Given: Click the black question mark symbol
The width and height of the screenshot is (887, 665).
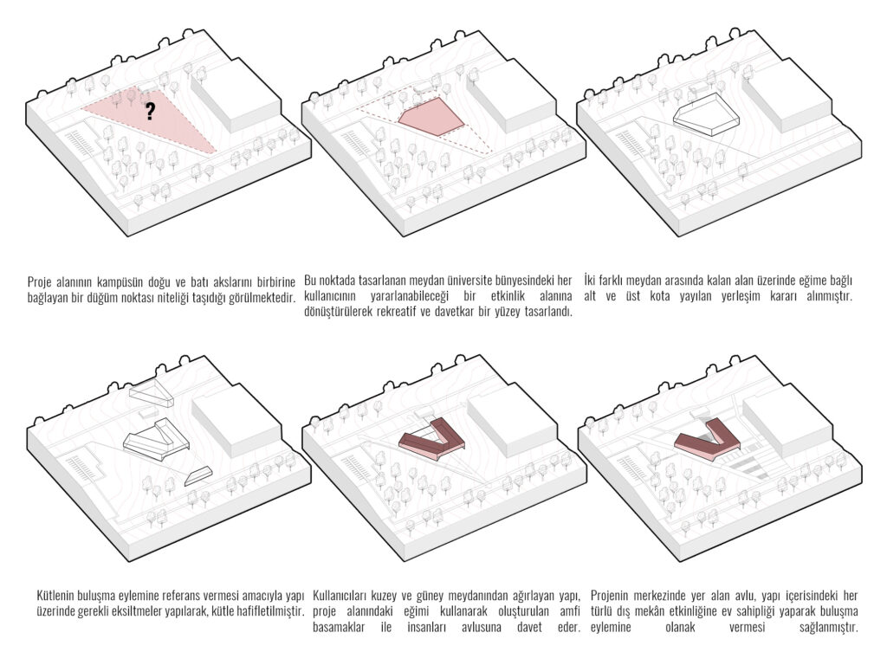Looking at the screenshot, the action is pyautogui.click(x=150, y=111).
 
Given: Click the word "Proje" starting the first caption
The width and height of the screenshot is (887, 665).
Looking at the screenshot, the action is pyautogui.click(x=40, y=282).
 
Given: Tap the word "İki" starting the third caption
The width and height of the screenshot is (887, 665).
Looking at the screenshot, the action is pyautogui.click(x=590, y=281).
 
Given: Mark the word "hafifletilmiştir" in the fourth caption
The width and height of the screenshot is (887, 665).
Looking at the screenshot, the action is pyautogui.click(x=269, y=611).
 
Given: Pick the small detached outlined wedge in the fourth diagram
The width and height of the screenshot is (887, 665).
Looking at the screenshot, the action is pyautogui.click(x=198, y=475).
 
